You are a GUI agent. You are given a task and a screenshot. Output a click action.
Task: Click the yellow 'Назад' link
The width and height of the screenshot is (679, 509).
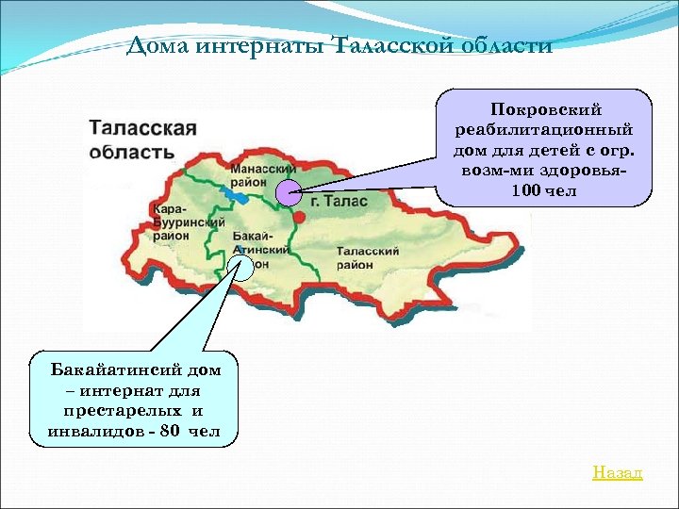point(617,472)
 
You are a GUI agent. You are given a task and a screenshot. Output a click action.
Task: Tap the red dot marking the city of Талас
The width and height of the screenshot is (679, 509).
point(299,217)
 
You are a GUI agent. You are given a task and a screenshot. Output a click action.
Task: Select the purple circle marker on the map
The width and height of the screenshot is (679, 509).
point(290,192)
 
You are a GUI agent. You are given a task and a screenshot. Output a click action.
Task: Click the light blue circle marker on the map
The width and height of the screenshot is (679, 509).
point(241,269)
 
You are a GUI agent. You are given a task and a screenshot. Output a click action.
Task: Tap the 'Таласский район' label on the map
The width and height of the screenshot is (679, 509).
point(368,258)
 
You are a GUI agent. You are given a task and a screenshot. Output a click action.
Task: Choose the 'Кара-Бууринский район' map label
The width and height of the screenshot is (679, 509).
point(176,222)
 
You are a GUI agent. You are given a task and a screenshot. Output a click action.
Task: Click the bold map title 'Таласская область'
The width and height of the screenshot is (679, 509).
point(142,140)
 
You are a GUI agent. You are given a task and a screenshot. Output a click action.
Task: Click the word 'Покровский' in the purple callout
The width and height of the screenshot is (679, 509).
point(545,110)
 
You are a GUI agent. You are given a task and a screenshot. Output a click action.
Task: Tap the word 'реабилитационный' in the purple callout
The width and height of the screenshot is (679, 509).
point(544,130)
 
